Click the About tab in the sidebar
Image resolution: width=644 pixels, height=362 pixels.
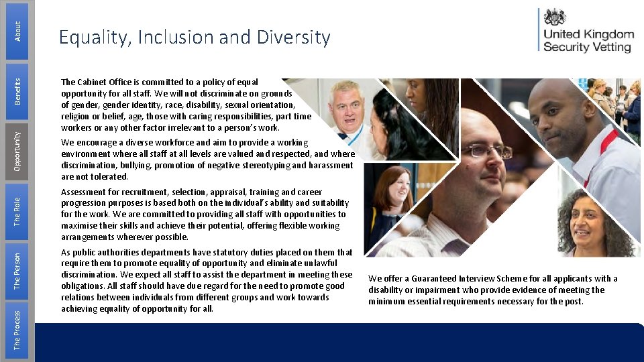pos(17,29)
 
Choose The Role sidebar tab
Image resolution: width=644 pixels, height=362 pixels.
pos(17,209)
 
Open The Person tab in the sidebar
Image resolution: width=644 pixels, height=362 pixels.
pos(17,269)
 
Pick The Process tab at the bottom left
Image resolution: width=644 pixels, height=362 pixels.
pos(17,329)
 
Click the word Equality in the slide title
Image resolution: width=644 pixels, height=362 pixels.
pos(93,38)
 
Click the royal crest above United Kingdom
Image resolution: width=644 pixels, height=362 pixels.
pos(554,17)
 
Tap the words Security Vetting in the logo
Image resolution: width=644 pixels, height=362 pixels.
pos(587,47)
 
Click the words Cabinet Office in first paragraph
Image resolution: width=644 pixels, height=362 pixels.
pos(110,82)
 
